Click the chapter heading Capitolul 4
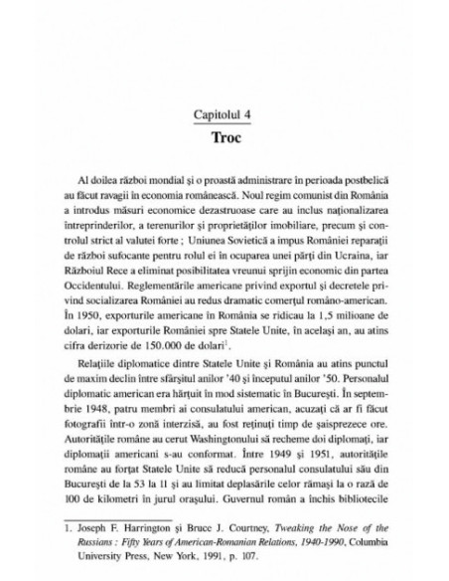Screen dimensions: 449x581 click(224, 112)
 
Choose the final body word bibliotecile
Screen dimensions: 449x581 click(350, 476)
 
